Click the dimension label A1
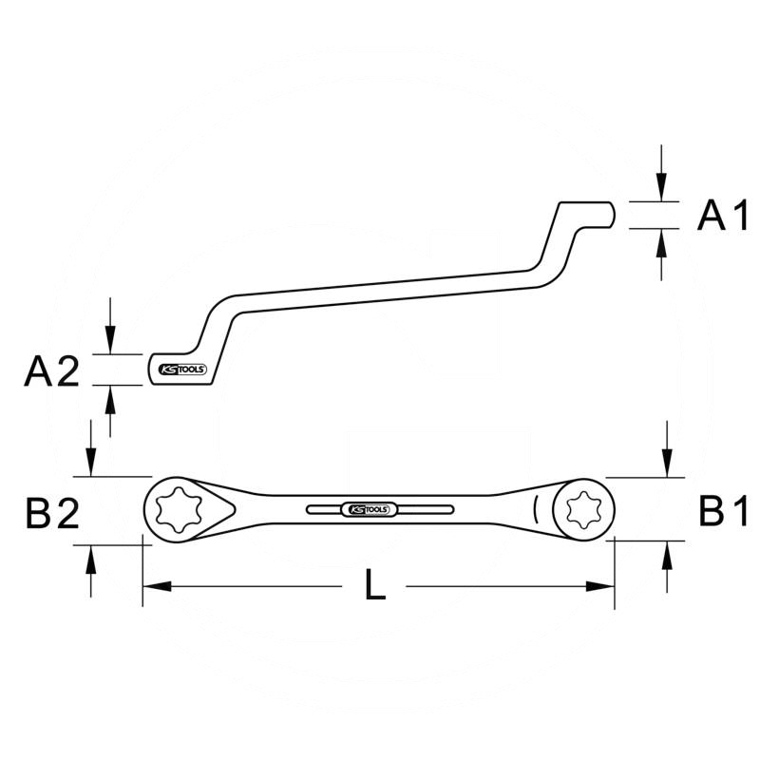click(x=724, y=217)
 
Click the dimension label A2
click(x=51, y=371)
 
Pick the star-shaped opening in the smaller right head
click(x=579, y=510)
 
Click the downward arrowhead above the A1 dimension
click(x=663, y=190)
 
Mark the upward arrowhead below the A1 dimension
click(x=663, y=241)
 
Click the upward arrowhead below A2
click(x=111, y=398)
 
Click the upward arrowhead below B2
click(x=91, y=557)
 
